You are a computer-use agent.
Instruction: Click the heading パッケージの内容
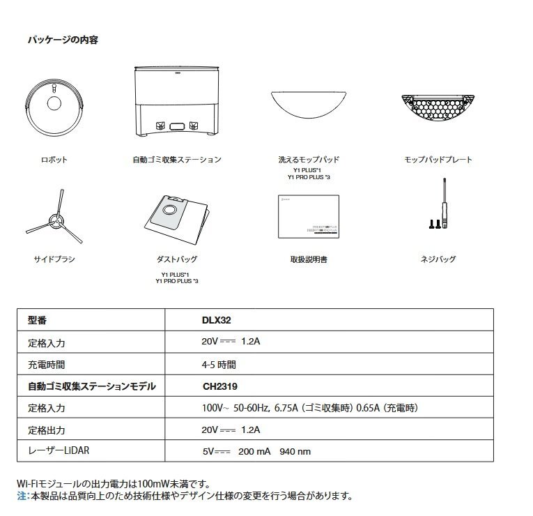pyautogui.click(x=62, y=40)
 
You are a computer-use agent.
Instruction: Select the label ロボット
pyautogui.click(x=54, y=160)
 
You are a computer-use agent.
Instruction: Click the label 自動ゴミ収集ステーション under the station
pyautogui.click(x=177, y=160)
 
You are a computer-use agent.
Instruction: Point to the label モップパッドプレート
pyautogui.click(x=438, y=160)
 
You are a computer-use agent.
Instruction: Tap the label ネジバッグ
pyautogui.click(x=438, y=259)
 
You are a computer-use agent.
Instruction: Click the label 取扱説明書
pyautogui.click(x=309, y=259)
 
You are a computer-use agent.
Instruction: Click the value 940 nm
pyautogui.click(x=295, y=451)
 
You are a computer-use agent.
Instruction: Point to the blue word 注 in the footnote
pyautogui.click(x=22, y=496)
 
